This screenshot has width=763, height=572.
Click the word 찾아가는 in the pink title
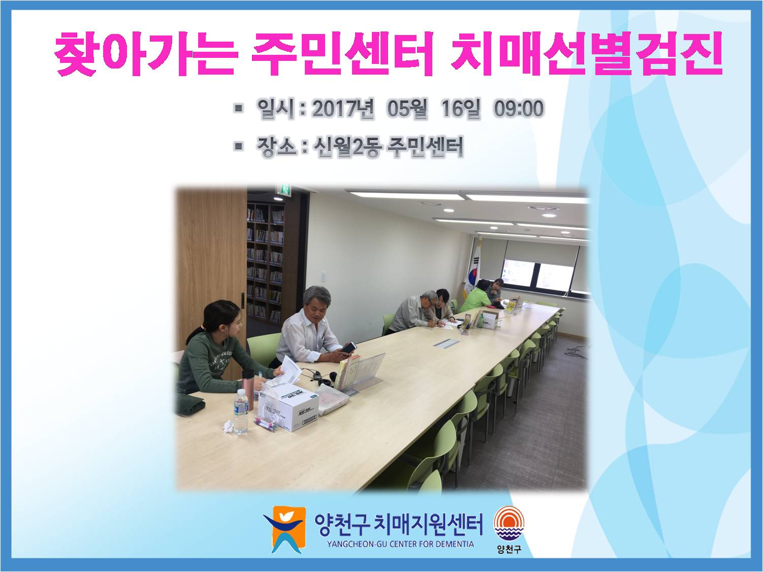[146, 54]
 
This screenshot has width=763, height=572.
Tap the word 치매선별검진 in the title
[586, 54]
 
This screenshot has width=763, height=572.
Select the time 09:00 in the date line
[519, 108]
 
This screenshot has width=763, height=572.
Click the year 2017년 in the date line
[343, 108]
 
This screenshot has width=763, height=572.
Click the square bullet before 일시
[238, 108]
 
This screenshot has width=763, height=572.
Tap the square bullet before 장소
[238, 146]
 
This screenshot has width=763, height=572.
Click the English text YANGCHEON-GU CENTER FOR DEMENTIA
[400, 544]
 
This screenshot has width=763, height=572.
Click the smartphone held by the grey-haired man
[348, 347]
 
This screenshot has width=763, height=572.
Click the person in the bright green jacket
[475, 296]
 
